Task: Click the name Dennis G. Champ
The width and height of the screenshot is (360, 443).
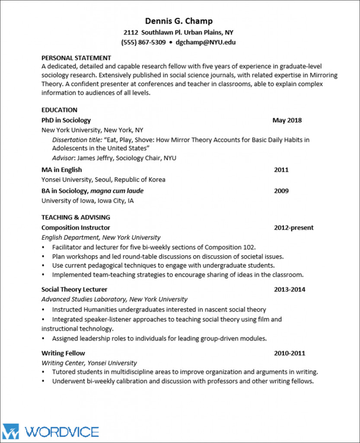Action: click(179, 21)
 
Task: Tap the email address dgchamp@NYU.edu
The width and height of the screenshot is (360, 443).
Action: click(205, 42)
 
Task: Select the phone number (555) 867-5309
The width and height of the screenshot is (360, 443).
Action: click(143, 42)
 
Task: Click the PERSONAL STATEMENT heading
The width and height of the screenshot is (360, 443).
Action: click(76, 58)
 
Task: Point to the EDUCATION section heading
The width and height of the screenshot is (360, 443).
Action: click(59, 110)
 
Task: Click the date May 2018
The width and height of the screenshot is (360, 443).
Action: click(287, 120)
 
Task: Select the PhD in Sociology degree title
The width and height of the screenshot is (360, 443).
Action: click(66, 120)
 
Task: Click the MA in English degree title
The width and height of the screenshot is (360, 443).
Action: click(61, 170)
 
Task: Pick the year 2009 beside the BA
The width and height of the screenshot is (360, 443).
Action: click(281, 191)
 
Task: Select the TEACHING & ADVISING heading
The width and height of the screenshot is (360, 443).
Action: click(76, 217)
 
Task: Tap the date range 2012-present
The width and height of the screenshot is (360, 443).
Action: click(293, 228)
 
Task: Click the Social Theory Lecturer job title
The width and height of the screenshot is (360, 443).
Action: click(74, 289)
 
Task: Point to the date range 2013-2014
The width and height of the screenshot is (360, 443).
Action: click(289, 289)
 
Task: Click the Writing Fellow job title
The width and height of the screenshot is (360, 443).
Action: click(63, 353)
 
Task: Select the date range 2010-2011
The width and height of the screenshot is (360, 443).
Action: click(289, 353)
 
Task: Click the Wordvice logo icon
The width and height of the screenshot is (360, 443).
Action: click(10, 431)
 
